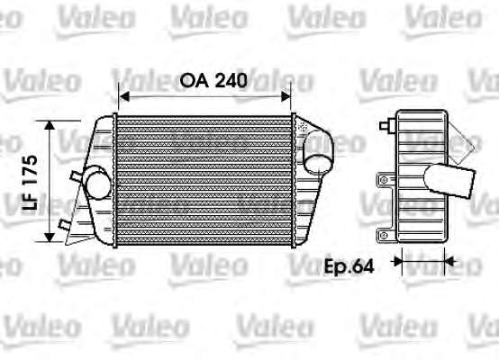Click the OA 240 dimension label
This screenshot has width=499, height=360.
pos(213,80)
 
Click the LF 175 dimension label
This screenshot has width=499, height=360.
pos(31,182)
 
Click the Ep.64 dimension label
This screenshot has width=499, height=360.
pos(349,266)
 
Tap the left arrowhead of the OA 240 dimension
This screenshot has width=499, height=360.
pos(123,96)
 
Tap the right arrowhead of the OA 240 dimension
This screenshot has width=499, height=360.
pos(286,96)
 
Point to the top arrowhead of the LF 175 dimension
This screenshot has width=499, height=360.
pos(50,125)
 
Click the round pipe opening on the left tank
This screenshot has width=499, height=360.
pos(98,184)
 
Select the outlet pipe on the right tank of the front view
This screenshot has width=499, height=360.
pos(318,153)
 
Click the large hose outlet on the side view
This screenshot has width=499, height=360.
pos(449,180)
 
